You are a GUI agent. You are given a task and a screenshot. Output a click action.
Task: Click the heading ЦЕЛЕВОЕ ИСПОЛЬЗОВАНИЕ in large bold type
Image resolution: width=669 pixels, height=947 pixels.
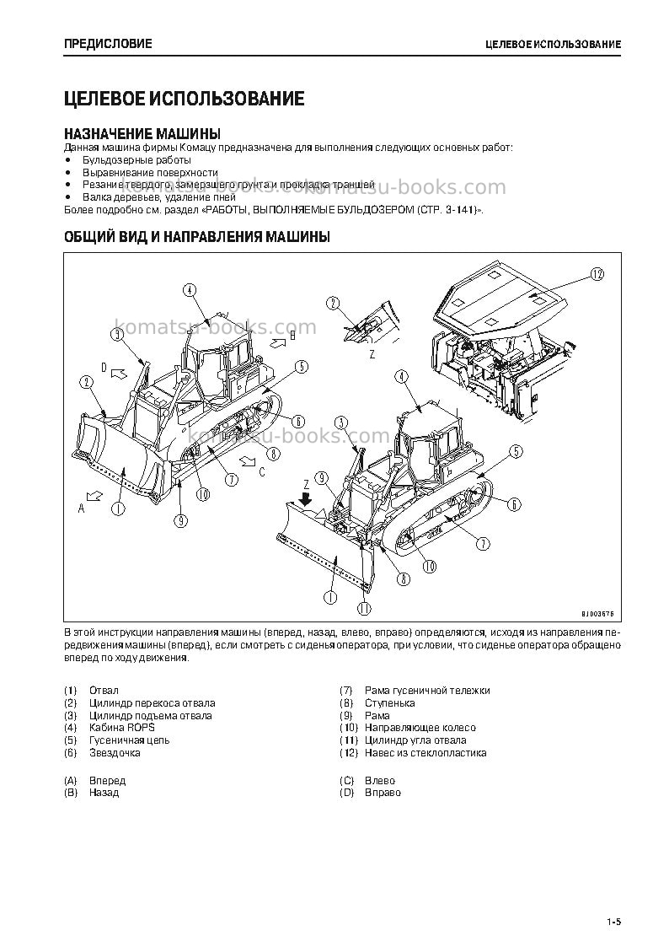[x=184, y=99]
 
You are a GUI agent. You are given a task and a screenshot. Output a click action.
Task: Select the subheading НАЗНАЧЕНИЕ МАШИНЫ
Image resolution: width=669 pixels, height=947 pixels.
[x=142, y=133]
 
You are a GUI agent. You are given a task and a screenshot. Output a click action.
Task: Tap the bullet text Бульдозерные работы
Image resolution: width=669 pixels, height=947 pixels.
[x=137, y=160]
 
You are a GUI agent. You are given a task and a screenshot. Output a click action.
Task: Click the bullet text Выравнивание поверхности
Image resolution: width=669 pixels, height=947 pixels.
[x=150, y=172]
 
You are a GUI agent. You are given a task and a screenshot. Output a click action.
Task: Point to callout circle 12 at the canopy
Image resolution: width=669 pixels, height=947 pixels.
[x=596, y=275]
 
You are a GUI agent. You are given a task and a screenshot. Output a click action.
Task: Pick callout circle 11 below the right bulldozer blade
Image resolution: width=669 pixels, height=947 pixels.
[x=364, y=608]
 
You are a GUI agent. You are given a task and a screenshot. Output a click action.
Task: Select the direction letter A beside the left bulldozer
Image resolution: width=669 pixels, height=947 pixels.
[x=82, y=508]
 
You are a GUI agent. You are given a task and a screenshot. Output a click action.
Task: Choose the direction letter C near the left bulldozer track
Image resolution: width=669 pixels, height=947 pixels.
[x=262, y=472]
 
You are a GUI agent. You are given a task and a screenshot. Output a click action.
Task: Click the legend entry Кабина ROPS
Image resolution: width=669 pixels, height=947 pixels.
[x=122, y=728]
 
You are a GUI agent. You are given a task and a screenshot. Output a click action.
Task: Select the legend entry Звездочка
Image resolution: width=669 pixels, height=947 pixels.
[x=115, y=752]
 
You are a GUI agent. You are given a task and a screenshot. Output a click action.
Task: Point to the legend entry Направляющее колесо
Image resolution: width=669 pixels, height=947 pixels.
[x=420, y=728]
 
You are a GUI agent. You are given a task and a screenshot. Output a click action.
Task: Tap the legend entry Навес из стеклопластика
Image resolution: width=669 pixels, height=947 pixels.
[x=425, y=752]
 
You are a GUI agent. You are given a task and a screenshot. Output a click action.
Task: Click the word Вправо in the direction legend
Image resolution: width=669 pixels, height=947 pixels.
[x=383, y=793]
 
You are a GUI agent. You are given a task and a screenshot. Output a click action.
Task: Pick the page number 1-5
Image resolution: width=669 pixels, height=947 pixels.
[x=614, y=922]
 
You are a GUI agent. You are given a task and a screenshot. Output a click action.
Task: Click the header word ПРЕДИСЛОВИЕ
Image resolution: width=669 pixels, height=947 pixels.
[x=108, y=44]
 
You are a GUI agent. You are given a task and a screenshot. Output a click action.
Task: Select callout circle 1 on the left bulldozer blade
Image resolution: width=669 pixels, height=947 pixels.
[x=119, y=508]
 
